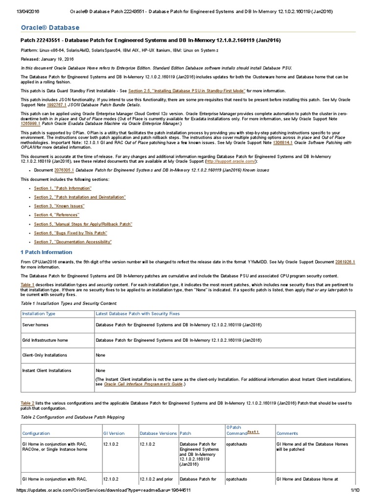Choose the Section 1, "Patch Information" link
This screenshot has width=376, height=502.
pos(55,188)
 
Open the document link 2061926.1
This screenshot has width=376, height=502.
pos(345,262)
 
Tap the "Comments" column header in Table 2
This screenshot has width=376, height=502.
pos(287,433)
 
